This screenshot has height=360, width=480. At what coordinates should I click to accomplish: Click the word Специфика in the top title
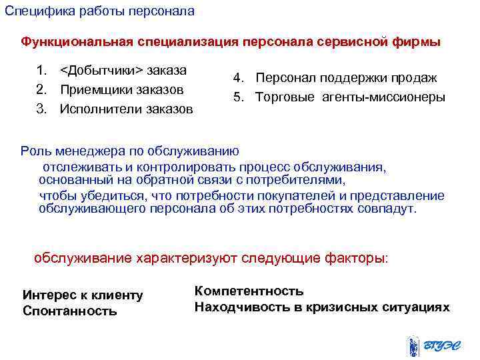[x=33, y=11]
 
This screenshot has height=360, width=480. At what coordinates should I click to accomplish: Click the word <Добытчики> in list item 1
[x=101, y=70]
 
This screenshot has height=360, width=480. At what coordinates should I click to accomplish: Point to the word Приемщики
[x=95, y=89]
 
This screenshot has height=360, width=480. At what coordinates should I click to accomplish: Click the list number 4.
[x=237, y=78]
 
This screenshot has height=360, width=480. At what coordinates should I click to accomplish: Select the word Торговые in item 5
[x=283, y=97]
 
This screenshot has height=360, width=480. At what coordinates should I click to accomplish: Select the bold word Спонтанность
[x=70, y=311]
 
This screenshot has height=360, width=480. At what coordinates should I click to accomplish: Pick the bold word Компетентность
[x=249, y=291]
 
